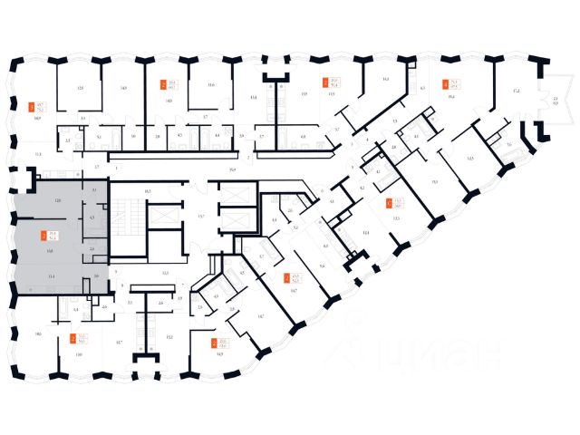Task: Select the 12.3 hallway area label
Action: coord(165,272)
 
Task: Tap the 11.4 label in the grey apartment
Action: coord(52,274)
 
